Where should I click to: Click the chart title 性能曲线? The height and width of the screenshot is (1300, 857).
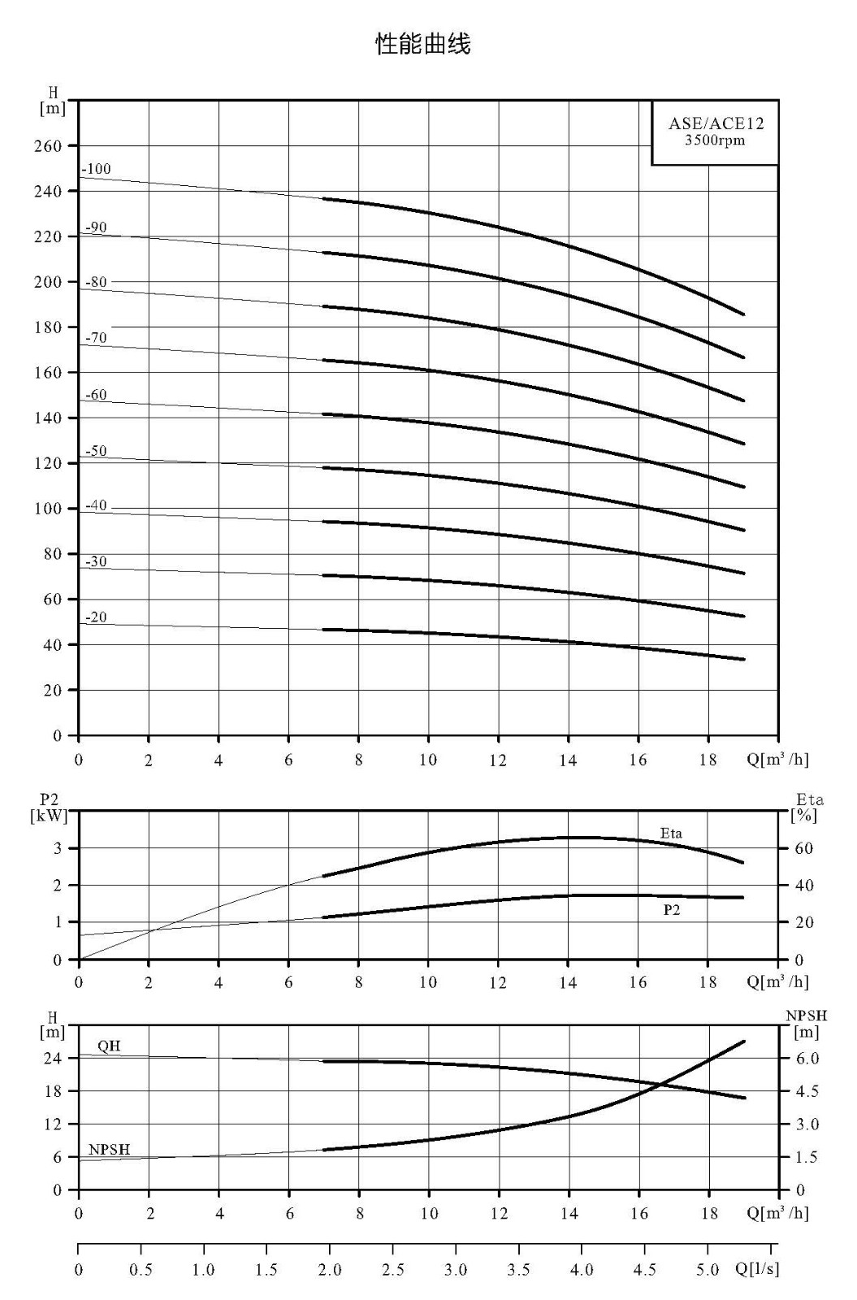pyautogui.click(x=423, y=44)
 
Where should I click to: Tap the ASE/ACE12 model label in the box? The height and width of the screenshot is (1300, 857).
pyautogui.click(x=716, y=123)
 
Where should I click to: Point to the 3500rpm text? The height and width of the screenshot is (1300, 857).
pyautogui.click(x=714, y=141)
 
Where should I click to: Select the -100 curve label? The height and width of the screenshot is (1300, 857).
pyautogui.click(x=96, y=169)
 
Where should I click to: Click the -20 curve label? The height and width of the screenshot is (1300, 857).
pyautogui.click(x=97, y=617)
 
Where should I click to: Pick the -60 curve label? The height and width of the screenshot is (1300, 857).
pyautogui.click(x=97, y=395)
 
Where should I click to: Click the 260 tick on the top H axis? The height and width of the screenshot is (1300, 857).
pyautogui.click(x=48, y=145)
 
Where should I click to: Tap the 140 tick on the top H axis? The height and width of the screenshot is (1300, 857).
pyautogui.click(x=48, y=418)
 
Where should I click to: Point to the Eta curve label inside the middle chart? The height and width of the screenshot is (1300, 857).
pyautogui.click(x=671, y=834)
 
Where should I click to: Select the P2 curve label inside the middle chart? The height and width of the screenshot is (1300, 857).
pyautogui.click(x=671, y=910)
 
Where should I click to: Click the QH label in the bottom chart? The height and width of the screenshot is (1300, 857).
pyautogui.click(x=109, y=1046)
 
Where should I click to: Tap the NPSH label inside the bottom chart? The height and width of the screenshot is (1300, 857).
pyautogui.click(x=109, y=1149)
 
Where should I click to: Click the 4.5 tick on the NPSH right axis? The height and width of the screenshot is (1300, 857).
pyautogui.click(x=807, y=1091)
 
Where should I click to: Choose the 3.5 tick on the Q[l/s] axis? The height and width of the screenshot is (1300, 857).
pyautogui.click(x=518, y=1271)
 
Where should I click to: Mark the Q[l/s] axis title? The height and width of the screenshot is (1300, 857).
pyautogui.click(x=757, y=1269)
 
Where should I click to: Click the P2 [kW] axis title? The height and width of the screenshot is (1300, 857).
pyautogui.click(x=49, y=808)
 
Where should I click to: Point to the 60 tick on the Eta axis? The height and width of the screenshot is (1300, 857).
pyautogui.click(x=803, y=848)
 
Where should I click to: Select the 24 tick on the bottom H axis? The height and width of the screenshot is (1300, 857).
pyautogui.click(x=53, y=1058)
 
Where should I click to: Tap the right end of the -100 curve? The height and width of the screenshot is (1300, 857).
pyautogui.click(x=744, y=314)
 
